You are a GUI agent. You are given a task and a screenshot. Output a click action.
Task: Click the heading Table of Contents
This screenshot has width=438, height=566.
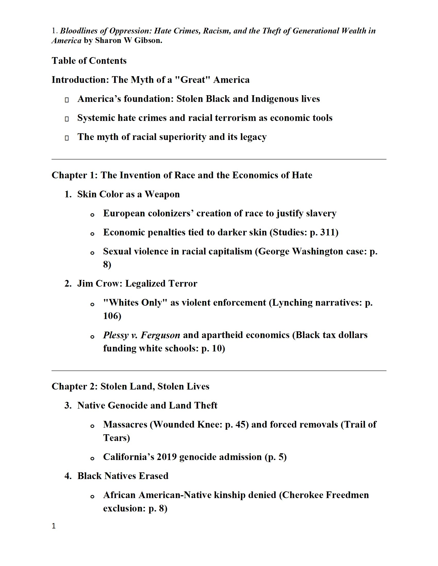click(89, 61)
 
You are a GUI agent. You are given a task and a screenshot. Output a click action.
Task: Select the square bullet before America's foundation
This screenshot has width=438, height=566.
click(67, 100)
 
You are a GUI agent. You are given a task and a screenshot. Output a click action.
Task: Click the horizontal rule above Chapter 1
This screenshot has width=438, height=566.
click(219, 159)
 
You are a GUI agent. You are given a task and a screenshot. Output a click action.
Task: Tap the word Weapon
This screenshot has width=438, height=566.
click(162, 194)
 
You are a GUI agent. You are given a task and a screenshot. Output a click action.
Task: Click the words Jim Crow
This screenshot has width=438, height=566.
click(99, 284)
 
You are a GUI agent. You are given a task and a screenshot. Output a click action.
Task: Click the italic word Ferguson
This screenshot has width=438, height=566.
click(160, 335)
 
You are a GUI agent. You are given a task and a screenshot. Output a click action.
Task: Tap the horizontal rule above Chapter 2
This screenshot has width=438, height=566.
click(219, 370)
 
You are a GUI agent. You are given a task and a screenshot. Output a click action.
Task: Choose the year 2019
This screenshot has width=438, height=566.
click(167, 457)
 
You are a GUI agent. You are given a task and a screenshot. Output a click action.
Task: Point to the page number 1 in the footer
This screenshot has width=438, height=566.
click(54, 526)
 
